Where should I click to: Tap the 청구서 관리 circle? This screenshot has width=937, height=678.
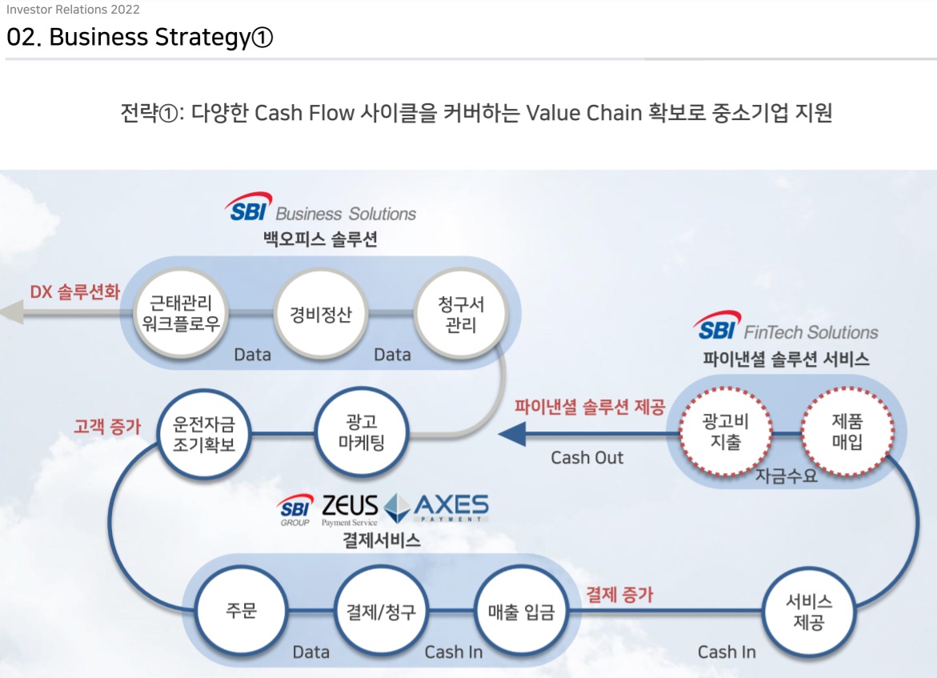point(462,314)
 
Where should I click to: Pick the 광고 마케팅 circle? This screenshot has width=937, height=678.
point(362,432)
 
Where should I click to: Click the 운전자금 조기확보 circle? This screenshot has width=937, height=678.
point(203,432)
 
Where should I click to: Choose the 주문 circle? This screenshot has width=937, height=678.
point(241,612)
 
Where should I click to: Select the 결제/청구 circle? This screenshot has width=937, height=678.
point(380,612)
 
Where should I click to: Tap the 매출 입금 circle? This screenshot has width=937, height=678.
point(521,612)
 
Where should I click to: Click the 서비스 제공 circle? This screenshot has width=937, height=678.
point(808,612)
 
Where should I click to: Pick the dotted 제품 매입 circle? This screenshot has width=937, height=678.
point(847,431)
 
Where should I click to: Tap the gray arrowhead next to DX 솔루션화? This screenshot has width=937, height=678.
point(11,311)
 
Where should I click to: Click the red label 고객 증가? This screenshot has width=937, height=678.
point(107,426)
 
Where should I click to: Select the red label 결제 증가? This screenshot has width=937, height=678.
point(619,594)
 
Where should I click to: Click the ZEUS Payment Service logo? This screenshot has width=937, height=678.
point(349,509)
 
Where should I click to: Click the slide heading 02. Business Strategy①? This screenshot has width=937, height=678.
point(140,38)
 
